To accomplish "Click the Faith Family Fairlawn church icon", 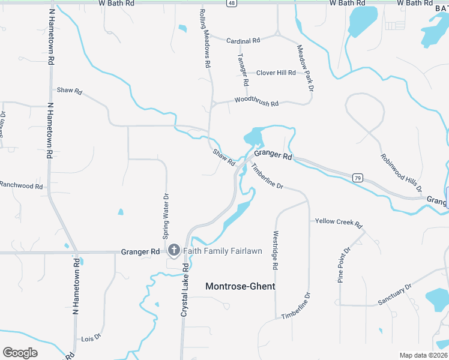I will point(174,250).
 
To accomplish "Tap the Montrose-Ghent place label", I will point(240,286).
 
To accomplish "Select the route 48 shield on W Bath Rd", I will point(231,3).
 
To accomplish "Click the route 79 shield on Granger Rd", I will point(358,178).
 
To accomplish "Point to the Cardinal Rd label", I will point(243,41).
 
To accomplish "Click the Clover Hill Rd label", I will point(276,73).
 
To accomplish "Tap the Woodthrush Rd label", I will point(256,103).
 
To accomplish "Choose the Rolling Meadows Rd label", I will point(205,37).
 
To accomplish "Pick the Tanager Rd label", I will point(243,70).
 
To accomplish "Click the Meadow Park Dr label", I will point(306,68).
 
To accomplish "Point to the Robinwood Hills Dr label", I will point(402,172).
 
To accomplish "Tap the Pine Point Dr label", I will point(343,265).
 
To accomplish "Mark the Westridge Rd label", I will point(277,250).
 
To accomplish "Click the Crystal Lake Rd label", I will point(185,290).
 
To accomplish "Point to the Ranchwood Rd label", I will point(21,186).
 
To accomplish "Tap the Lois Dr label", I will point(91,338).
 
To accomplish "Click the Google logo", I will point(20,353).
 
